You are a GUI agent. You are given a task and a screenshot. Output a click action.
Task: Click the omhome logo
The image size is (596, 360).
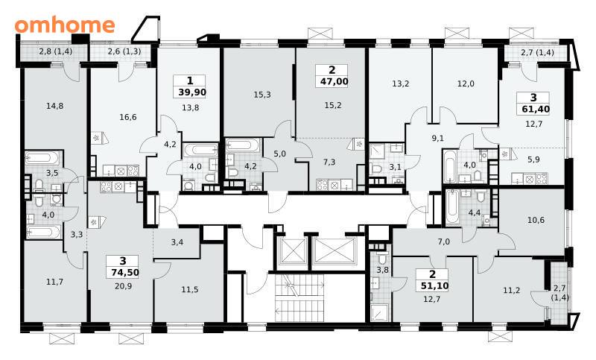click(x=65, y=25)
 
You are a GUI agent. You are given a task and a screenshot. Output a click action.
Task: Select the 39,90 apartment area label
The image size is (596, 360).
click(x=192, y=92)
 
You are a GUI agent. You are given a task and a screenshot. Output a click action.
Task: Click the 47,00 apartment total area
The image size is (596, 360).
click(x=332, y=81)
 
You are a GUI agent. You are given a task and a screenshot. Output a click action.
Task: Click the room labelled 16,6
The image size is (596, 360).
click(x=127, y=117)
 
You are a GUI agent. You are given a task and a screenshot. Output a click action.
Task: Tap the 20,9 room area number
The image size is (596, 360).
click(x=123, y=286)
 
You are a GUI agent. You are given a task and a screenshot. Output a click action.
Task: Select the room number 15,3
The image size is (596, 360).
click(x=262, y=95)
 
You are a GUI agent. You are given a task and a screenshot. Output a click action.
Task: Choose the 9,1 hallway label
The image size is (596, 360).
click(x=437, y=139)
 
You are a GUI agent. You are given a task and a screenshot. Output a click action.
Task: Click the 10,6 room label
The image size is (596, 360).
click(x=536, y=220)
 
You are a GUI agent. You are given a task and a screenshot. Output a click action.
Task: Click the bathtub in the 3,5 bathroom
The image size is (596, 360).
click(x=42, y=158)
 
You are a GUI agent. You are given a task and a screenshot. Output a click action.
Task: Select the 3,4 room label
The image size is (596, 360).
click(x=177, y=241)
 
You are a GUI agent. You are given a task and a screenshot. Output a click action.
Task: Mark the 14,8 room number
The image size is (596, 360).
click(x=54, y=106)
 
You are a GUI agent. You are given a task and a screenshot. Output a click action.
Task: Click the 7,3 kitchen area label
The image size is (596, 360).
click(x=329, y=162)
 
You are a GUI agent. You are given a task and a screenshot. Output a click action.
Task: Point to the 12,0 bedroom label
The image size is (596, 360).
click(x=466, y=83)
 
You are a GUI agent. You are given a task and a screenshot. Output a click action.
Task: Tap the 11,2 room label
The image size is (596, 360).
click(x=512, y=291)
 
